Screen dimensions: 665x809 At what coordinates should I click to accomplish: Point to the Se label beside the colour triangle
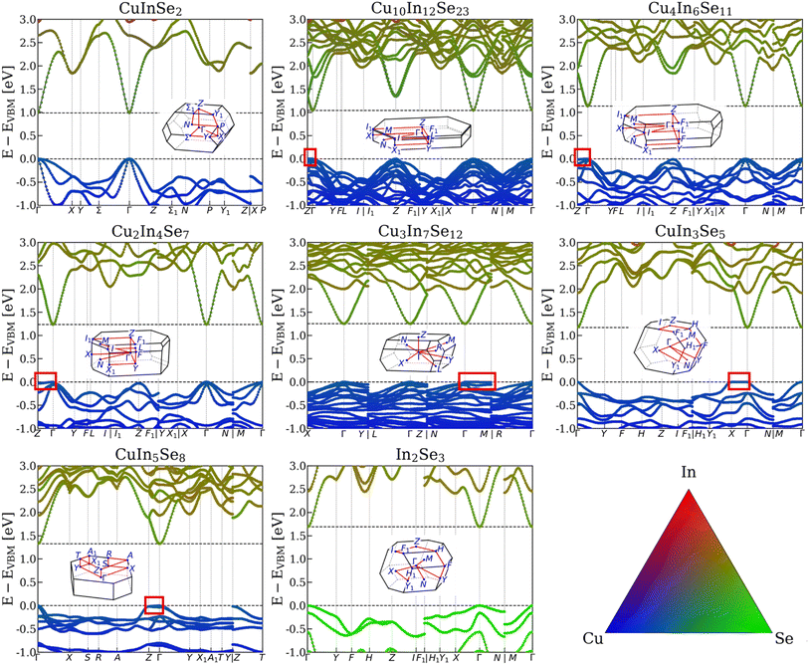pyautogui.click(x=783, y=637)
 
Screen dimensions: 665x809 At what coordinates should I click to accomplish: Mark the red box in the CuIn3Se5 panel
pyautogui.click(x=738, y=380)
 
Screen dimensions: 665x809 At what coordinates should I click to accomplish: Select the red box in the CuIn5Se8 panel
pyautogui.click(x=153, y=604)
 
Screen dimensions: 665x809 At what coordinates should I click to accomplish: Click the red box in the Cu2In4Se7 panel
pyautogui.click(x=46, y=380)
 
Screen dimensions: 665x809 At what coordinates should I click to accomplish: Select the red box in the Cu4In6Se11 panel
pyautogui.click(x=582, y=156)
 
